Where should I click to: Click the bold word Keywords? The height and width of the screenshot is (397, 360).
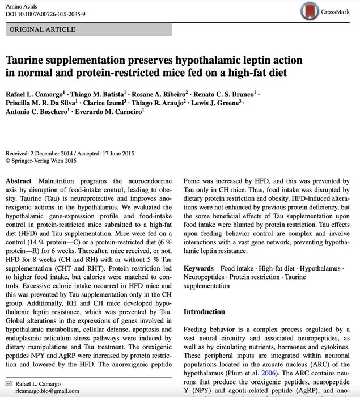click(198, 268)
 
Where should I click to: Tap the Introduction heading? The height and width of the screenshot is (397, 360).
click(204, 312)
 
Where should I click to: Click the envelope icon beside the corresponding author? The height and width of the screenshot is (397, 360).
click(9, 382)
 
